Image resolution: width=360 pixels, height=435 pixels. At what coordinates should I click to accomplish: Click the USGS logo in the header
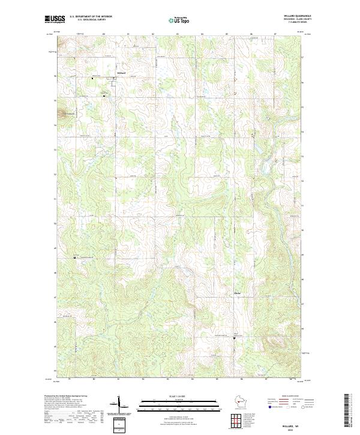55,20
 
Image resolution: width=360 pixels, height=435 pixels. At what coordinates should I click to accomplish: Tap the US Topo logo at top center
179,20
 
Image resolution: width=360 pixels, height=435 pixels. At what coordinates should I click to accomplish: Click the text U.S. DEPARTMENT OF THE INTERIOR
91,17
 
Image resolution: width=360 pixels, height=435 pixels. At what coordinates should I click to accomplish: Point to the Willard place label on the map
120,73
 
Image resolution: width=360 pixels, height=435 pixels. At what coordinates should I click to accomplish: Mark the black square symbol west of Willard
92,78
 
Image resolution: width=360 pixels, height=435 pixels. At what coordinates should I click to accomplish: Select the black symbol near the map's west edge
74,257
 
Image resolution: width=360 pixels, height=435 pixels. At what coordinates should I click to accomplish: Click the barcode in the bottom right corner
348,414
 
